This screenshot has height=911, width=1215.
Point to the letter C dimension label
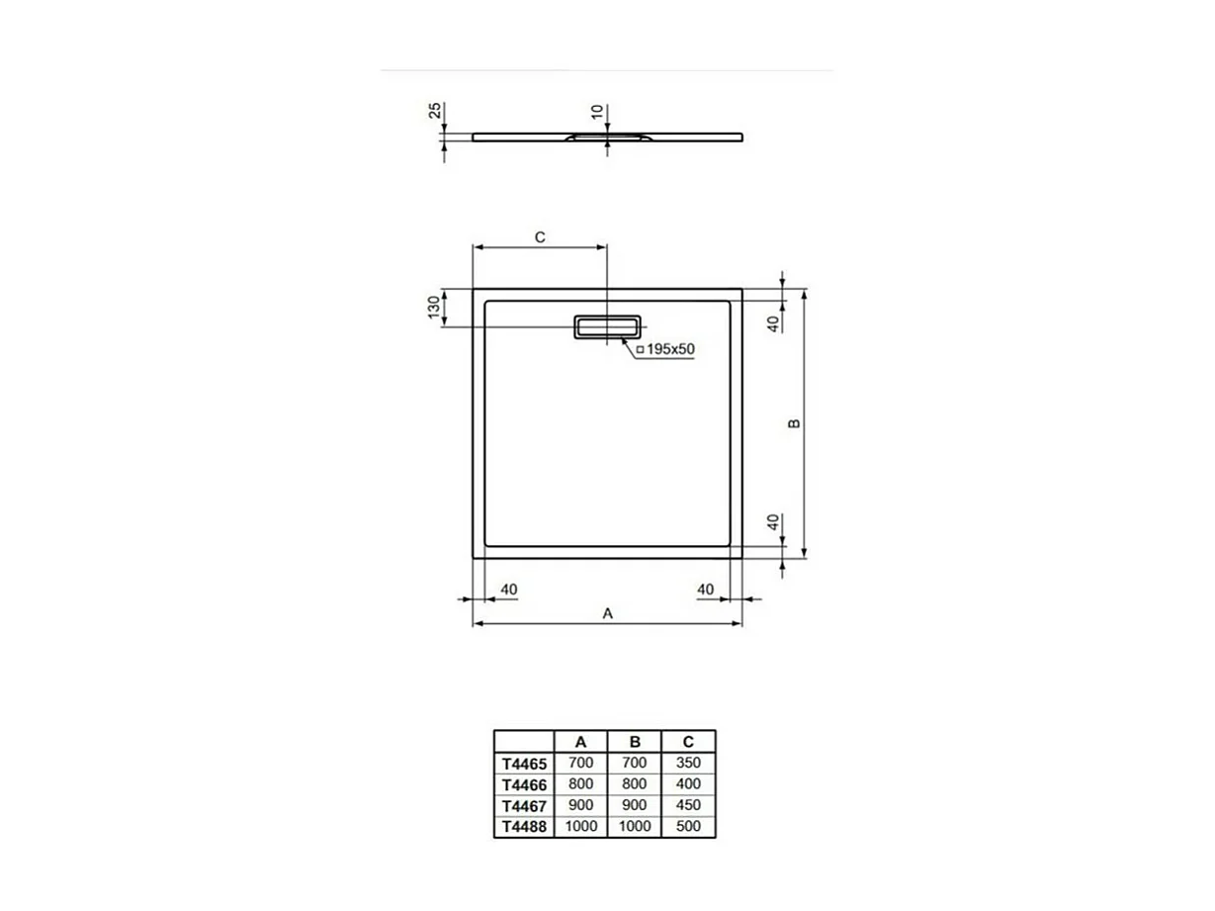click(540, 237)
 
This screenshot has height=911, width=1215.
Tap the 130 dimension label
click(433, 308)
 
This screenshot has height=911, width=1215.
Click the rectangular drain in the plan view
click(607, 326)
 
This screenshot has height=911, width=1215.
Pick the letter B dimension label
click(793, 423)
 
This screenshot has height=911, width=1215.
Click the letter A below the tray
click(608, 614)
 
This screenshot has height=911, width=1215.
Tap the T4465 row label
click(523, 764)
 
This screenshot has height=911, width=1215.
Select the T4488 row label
click(523, 827)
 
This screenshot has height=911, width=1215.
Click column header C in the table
click(687, 742)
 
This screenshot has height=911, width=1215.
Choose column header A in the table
click(580, 742)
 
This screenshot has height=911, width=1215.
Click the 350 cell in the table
click(687, 763)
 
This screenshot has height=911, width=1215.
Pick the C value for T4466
click(687, 783)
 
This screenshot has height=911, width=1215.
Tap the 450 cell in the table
click(687, 805)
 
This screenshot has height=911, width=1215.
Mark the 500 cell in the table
click(687, 826)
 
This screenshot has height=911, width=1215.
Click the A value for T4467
click(580, 805)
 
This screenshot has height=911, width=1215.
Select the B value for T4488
click(634, 826)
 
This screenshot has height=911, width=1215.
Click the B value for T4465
click(634, 763)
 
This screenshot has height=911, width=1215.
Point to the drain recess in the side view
click(607, 137)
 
